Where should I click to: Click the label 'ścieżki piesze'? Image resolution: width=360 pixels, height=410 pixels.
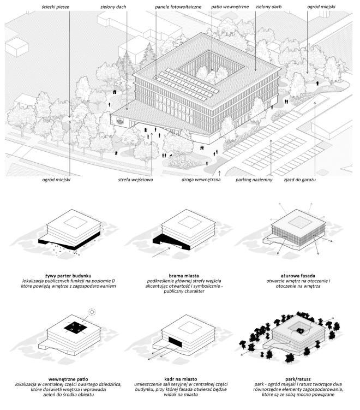(x=56, y=7)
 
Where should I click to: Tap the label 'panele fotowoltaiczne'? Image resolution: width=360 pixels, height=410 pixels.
(x=178, y=7)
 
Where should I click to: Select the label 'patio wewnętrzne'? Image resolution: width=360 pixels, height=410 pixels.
(x=230, y=7)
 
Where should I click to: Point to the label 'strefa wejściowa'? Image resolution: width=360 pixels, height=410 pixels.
(x=135, y=180)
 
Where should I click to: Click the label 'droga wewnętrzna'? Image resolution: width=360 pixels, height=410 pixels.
(x=201, y=180)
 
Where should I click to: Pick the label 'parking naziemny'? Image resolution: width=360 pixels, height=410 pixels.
(x=254, y=180)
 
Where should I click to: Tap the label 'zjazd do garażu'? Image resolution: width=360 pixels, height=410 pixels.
(x=299, y=180)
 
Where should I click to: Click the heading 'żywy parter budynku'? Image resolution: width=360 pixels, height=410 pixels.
(x=68, y=276)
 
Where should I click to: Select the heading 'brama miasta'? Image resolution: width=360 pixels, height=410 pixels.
(x=184, y=276)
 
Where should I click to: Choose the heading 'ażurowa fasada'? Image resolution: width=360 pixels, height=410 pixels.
(x=298, y=276)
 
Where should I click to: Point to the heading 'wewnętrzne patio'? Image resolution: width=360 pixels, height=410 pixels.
(x=68, y=379)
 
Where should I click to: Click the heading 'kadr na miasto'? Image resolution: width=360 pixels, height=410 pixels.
(x=181, y=379)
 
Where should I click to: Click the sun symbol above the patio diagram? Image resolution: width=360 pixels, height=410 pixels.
(x=92, y=312)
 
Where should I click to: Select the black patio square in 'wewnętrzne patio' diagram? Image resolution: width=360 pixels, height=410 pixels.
(x=75, y=328)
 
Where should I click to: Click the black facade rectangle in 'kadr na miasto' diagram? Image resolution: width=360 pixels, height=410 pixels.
(x=176, y=342)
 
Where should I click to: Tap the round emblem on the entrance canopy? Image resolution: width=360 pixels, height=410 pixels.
(x=120, y=122)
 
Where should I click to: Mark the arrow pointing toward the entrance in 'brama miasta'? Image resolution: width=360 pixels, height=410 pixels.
(x=162, y=252)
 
